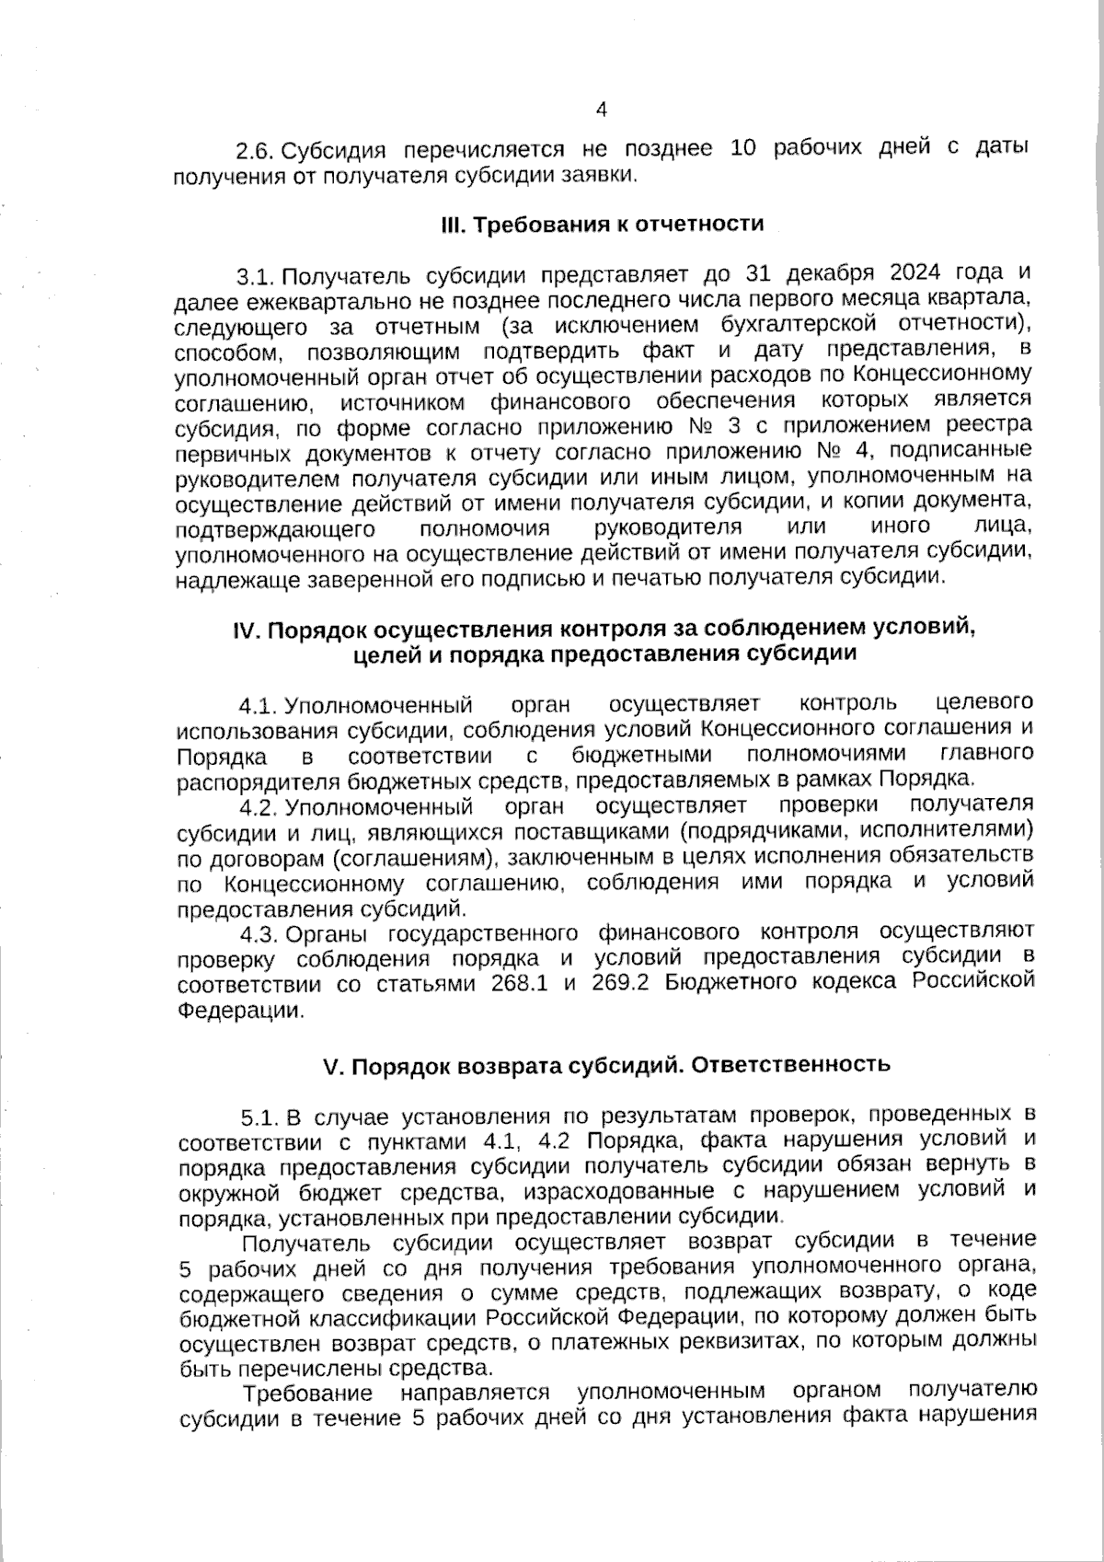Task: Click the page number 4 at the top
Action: (x=601, y=110)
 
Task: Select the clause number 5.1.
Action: (x=260, y=1118)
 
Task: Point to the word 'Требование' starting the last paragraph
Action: (x=307, y=1393)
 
